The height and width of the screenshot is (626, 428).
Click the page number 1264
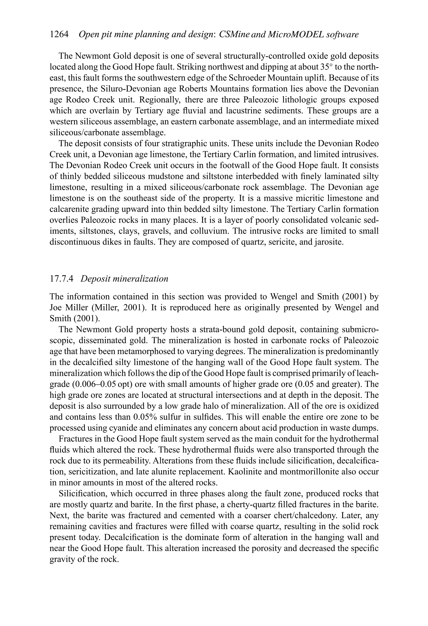click(x=59, y=35)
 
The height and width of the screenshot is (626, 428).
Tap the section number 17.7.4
click(x=62, y=279)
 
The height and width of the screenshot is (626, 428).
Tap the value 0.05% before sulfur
click(x=145, y=417)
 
